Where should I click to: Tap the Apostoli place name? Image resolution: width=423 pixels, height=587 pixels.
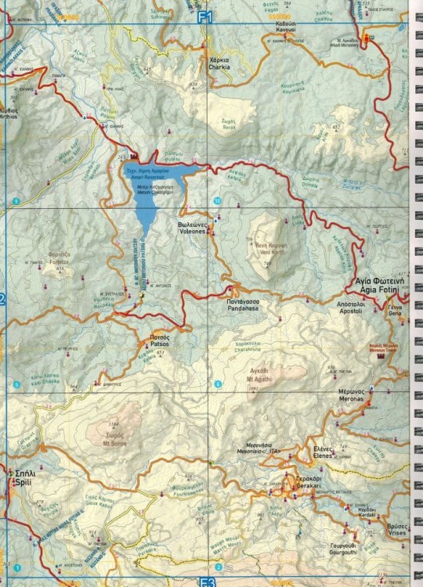(350, 308)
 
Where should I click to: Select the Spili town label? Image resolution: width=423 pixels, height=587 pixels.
(20, 479)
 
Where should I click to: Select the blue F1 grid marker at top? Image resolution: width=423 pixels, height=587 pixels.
(207, 16)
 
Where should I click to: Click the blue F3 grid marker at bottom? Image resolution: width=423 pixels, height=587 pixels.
(207, 582)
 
